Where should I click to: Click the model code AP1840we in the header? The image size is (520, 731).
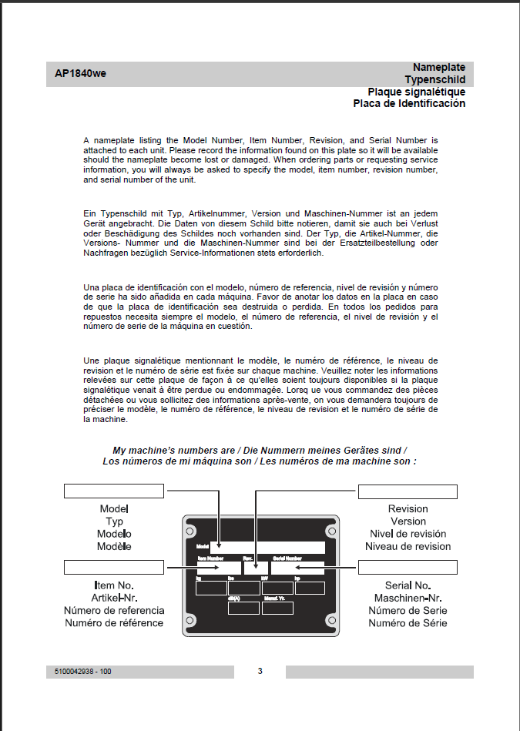(x=80, y=75)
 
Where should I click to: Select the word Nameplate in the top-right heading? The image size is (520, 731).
(x=438, y=68)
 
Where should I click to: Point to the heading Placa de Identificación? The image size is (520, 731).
(x=409, y=103)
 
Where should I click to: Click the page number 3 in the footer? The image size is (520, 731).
(x=260, y=671)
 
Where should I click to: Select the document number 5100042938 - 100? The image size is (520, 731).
(x=83, y=672)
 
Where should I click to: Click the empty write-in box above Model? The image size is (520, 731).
(x=113, y=491)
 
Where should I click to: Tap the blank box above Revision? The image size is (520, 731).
(x=408, y=491)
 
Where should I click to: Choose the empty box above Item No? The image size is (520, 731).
(x=113, y=568)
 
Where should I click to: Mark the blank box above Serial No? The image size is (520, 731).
(x=408, y=568)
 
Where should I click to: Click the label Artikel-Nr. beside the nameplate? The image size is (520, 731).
(x=114, y=598)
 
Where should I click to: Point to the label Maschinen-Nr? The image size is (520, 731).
(x=408, y=598)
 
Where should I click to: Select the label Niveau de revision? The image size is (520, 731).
(x=408, y=546)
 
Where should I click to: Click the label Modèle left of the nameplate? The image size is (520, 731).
(x=114, y=546)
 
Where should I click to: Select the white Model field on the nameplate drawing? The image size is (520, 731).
(x=267, y=548)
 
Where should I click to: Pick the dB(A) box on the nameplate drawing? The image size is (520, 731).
(x=244, y=608)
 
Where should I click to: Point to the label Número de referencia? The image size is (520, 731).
(x=114, y=610)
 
